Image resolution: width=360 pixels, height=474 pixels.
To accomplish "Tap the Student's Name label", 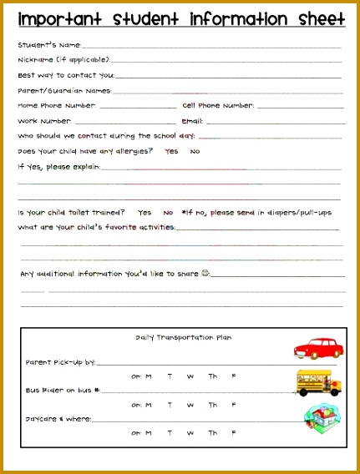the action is click(x=48, y=45).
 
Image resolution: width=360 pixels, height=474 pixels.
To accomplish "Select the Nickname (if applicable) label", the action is click(x=63, y=60).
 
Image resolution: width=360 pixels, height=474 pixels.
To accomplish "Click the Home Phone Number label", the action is click(x=57, y=106).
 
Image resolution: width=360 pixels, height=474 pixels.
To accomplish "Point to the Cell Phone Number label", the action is click(x=218, y=106).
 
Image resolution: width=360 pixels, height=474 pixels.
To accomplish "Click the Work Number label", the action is click(x=45, y=121).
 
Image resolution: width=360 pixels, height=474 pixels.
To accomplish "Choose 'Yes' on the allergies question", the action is click(x=171, y=151).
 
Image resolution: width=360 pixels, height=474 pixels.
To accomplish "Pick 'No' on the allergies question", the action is click(x=195, y=151).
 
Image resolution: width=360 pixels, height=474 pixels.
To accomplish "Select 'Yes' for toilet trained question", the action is click(x=145, y=212).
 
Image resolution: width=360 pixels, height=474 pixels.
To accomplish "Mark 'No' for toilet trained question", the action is click(x=168, y=212).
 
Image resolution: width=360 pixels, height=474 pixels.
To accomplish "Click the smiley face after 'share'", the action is click(x=205, y=273).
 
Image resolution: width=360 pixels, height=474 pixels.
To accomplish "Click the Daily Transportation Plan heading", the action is click(x=184, y=337).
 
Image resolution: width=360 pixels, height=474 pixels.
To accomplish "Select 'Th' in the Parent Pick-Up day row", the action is click(x=213, y=376).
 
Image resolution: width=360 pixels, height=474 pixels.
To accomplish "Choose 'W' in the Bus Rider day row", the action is click(x=190, y=405).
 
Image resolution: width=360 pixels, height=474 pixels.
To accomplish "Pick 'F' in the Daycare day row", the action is click(x=234, y=433).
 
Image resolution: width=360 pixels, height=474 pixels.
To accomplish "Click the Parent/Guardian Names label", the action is click(x=64, y=91).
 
